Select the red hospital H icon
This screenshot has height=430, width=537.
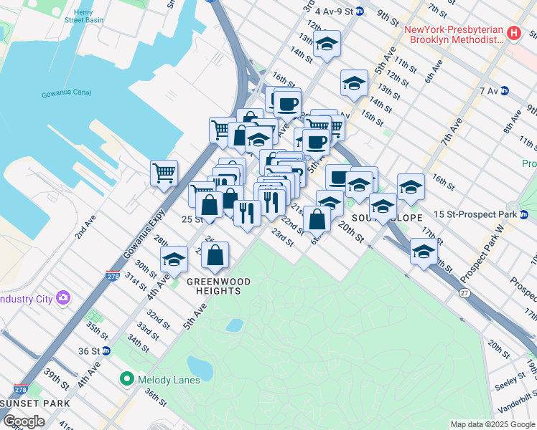pyautogui.click(x=513, y=33)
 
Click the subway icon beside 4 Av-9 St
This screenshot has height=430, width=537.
pyautogui.click(x=360, y=11)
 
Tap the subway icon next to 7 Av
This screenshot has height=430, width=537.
pyautogui.click(x=504, y=91)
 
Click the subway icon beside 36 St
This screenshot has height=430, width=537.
pyautogui.click(x=106, y=350)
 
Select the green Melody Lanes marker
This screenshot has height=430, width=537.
pyautogui.click(x=128, y=378)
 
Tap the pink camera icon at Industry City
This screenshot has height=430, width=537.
pyautogui.click(x=63, y=297)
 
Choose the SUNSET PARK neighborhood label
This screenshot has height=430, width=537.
pyautogui.click(x=22, y=405)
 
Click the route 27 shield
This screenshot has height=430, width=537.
pyautogui.click(x=464, y=294)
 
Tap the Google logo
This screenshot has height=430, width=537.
pyautogui.click(x=24, y=421)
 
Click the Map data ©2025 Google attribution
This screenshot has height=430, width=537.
pyautogui.click(x=492, y=424)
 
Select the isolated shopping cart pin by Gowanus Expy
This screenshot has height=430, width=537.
pyautogui.click(x=164, y=173)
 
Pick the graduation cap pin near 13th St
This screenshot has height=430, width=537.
pyautogui.click(x=327, y=44)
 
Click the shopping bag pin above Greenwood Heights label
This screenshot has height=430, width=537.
pyautogui.click(x=215, y=254)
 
